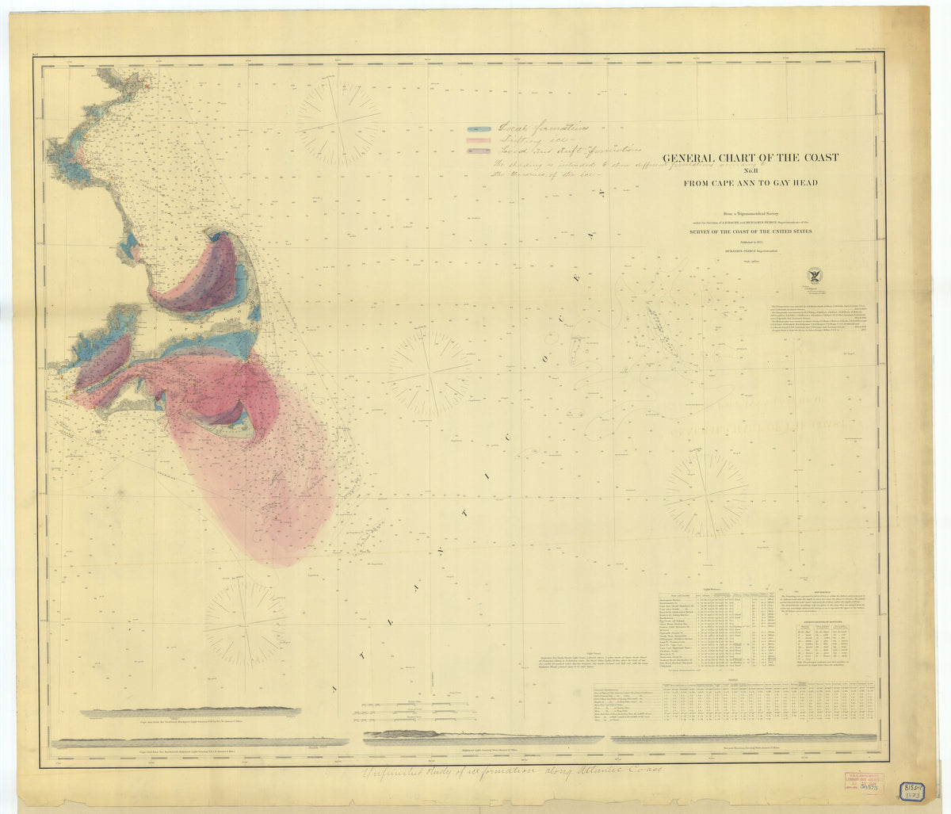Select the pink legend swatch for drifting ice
click(478, 141)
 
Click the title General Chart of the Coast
click(750, 158)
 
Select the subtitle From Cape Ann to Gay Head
click(750, 184)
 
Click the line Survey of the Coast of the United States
click(750, 231)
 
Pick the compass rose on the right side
click(705, 495)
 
